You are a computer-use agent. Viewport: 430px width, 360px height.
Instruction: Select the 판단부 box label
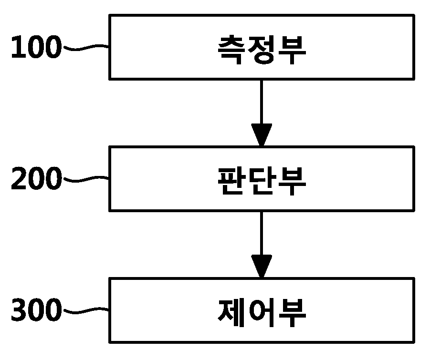point(262,181)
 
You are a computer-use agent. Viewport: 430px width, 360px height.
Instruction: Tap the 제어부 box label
point(262,313)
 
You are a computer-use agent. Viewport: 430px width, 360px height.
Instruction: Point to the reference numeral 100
point(36,47)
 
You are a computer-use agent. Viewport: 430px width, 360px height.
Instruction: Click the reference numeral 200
point(36,178)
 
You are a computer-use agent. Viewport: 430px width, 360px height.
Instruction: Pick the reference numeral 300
point(36,309)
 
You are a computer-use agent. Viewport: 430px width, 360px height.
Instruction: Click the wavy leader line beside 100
point(86,47)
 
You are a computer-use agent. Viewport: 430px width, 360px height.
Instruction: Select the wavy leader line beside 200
point(86,179)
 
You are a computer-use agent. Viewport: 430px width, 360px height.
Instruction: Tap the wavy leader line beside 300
point(86,310)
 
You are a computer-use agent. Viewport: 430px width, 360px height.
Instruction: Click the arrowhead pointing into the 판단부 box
point(262,134)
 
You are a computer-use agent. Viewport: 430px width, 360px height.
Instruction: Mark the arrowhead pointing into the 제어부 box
point(262,266)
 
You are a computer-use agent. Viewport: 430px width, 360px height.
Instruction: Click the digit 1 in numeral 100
point(19,47)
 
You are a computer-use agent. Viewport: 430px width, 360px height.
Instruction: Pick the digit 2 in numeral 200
point(19,178)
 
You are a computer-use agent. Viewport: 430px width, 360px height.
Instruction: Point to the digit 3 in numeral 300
point(19,309)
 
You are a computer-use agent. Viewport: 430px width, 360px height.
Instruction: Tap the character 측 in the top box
point(231,50)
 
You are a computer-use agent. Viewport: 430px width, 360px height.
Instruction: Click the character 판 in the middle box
point(231,181)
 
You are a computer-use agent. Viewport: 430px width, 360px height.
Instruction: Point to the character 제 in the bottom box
point(231,313)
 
